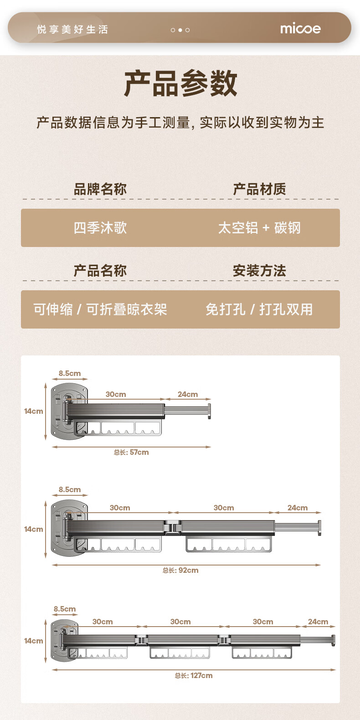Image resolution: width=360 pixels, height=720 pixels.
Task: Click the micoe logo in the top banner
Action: coord(300,29)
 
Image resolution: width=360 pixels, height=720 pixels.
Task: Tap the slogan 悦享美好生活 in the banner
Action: coord(72,30)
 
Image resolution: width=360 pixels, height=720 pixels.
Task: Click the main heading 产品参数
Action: coord(180,83)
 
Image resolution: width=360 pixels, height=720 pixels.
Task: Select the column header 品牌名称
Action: coord(100,189)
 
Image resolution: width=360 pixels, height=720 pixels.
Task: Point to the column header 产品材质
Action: coord(259,189)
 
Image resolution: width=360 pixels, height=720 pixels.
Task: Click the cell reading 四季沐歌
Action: coord(100,228)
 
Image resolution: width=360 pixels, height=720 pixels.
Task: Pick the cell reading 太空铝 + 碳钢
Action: coord(259,228)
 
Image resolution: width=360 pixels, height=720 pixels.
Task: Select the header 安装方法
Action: coord(259,271)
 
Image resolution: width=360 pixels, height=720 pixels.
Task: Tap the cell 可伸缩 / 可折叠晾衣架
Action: coord(100,309)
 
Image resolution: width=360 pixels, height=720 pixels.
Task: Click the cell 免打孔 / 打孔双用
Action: coord(259,309)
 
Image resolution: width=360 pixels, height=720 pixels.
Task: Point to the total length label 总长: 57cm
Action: coord(131,453)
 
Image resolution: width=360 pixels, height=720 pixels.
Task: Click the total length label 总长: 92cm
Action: coord(180,571)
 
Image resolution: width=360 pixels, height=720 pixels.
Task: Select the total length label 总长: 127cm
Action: coord(194,676)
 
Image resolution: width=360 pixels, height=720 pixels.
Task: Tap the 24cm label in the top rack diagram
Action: coord(188,395)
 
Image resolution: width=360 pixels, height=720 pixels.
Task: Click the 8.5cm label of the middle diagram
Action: coord(69,490)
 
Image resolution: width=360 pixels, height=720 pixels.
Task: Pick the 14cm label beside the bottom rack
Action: coord(34,641)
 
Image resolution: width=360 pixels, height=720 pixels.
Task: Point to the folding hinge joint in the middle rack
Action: coord(173,528)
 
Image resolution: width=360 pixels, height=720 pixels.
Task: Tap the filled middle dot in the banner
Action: coord(180,30)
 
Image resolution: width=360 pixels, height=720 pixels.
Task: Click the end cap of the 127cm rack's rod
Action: coord(334,640)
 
